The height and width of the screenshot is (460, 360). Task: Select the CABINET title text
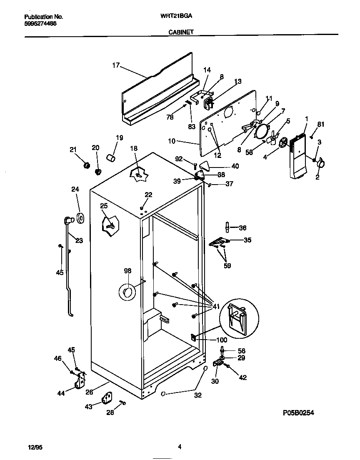click(181, 31)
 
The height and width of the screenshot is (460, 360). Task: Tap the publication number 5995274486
click(41, 24)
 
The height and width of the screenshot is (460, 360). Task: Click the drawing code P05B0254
click(298, 412)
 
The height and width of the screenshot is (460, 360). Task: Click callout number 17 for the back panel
click(116, 65)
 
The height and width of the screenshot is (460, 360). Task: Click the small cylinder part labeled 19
click(111, 159)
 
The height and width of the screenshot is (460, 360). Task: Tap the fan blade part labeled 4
click(284, 143)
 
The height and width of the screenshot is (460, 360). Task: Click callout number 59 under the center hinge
click(227, 265)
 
